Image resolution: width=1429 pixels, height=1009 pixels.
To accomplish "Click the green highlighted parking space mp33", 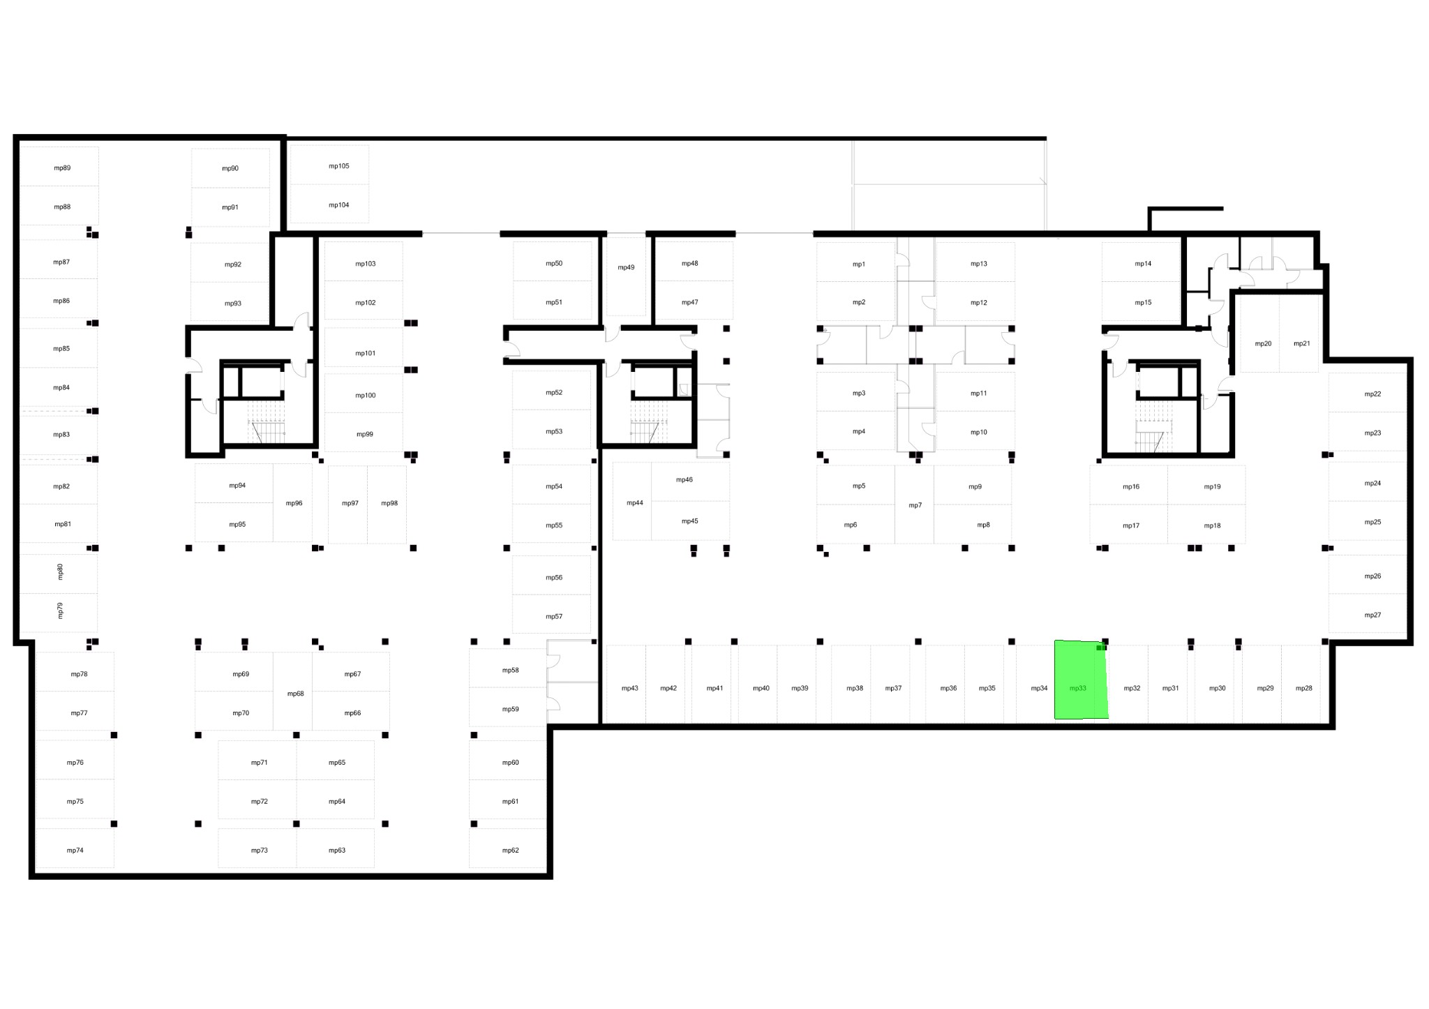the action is tap(1080, 680).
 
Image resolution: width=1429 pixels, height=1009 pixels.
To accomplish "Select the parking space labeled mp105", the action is tap(329, 165).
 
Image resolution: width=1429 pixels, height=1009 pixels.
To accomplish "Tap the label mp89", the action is tap(62, 168).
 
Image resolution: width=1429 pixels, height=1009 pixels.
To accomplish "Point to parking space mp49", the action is tap(626, 276).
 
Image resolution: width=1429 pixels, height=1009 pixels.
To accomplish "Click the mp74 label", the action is tap(75, 851).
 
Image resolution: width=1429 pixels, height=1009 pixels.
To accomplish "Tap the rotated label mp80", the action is tap(60, 571).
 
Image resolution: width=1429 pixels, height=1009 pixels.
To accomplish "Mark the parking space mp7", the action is tap(915, 504).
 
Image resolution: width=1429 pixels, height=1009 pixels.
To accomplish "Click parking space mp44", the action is tap(632, 501).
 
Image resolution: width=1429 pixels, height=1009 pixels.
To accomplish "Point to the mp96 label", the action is tap(294, 503).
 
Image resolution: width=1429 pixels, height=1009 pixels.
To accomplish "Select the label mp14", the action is tap(1143, 264).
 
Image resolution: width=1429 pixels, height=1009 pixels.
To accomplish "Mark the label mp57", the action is tap(554, 617).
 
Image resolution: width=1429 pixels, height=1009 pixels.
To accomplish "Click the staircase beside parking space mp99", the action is tap(267, 421).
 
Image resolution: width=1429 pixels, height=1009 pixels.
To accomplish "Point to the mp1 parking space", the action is tap(856, 262).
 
